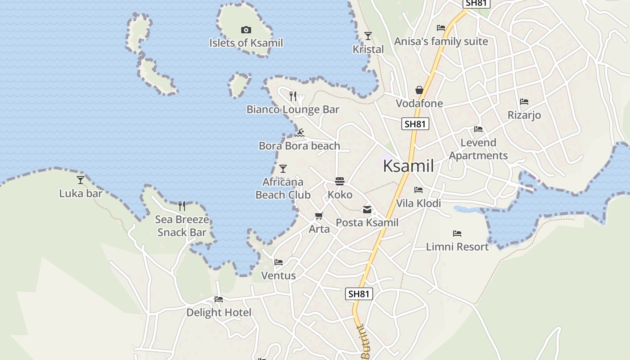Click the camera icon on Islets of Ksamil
[246, 30]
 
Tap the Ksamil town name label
[408, 166]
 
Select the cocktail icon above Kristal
[368, 36]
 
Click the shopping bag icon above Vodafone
[419, 90]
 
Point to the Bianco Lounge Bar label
[293, 109]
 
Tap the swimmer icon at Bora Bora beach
[300, 132]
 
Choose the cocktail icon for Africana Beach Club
[283, 169]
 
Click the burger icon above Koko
[340, 181]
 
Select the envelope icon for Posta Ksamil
[367, 209]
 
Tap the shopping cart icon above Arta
[319, 216]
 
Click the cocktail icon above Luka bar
[81, 180]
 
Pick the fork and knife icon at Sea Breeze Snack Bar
[182, 206]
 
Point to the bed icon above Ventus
[279, 262]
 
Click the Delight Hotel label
[219, 312]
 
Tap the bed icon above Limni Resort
[457, 233]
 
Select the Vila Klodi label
[418, 203]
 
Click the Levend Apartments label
[478, 149]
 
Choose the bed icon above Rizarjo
[524, 102]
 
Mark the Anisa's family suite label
[441, 41]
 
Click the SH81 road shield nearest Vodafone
[415, 124]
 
